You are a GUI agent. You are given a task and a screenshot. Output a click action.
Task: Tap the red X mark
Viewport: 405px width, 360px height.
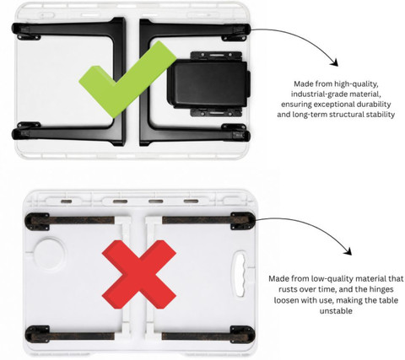pos(139,275)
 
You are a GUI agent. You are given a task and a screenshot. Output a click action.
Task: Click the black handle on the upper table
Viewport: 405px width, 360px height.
pos(208,83)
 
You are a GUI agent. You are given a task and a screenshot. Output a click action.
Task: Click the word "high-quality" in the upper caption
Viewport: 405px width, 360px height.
pos(355,83)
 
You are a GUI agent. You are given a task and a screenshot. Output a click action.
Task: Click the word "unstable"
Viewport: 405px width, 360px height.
pos(336,311)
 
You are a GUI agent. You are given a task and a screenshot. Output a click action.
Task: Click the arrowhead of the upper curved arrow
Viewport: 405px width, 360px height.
pos(335,62)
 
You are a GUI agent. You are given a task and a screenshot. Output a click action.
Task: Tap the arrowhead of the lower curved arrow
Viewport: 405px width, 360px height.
pos(348,251)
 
